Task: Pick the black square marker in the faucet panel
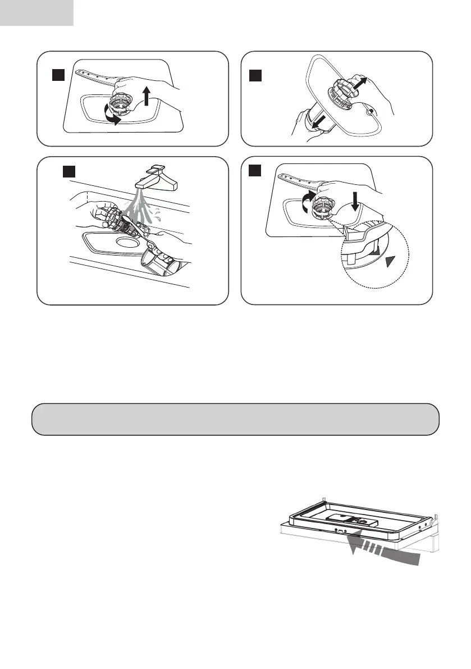[69, 172]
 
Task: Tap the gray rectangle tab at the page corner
[36, 12]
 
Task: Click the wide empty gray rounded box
[235, 419]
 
